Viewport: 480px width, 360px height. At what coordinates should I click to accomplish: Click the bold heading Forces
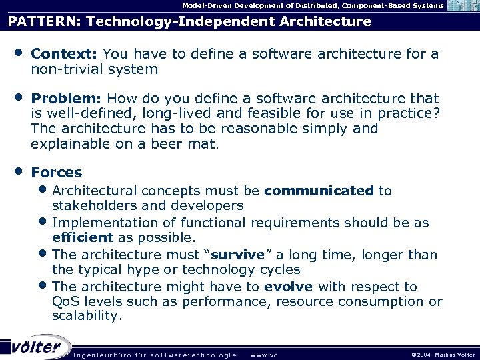57,172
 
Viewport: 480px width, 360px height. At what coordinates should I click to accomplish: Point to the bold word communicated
319,191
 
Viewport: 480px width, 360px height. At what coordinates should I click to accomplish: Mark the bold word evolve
288,287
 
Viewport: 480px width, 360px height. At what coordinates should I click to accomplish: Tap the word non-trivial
63,69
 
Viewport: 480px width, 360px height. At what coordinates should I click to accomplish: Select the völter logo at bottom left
37,347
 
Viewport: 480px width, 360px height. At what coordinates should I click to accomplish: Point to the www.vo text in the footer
264,353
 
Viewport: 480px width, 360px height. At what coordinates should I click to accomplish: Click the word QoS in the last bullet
65,302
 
